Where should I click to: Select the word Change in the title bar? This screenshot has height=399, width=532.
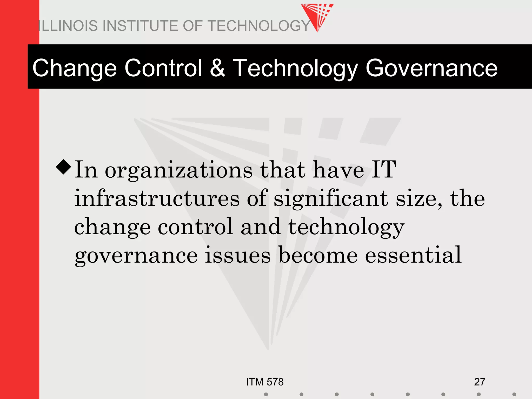point(75,68)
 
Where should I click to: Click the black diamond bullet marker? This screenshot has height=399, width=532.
point(63,167)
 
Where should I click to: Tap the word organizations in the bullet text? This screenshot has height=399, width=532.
point(178,170)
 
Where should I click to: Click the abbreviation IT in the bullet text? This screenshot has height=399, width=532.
point(383,169)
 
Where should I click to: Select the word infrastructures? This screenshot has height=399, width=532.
point(157,198)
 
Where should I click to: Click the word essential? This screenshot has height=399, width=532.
point(413,255)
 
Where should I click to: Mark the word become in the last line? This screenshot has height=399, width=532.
point(318,255)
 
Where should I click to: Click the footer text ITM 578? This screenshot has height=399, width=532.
point(265,382)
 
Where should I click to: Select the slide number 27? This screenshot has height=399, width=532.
point(480,382)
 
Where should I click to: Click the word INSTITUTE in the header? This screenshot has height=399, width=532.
point(140,26)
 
